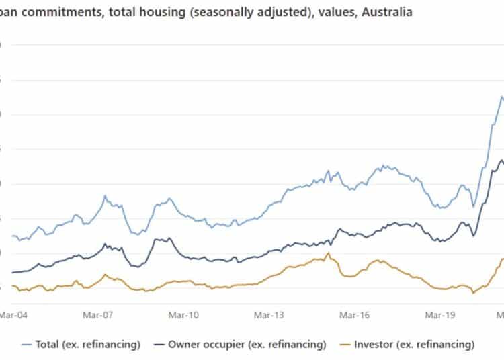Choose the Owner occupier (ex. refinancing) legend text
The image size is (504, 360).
[247, 345]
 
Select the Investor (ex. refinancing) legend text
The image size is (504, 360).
[414, 345]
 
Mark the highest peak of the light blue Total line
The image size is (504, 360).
[501, 97]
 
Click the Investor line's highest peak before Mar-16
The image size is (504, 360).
[328, 253]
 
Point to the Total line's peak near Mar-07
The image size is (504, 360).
[105, 196]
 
